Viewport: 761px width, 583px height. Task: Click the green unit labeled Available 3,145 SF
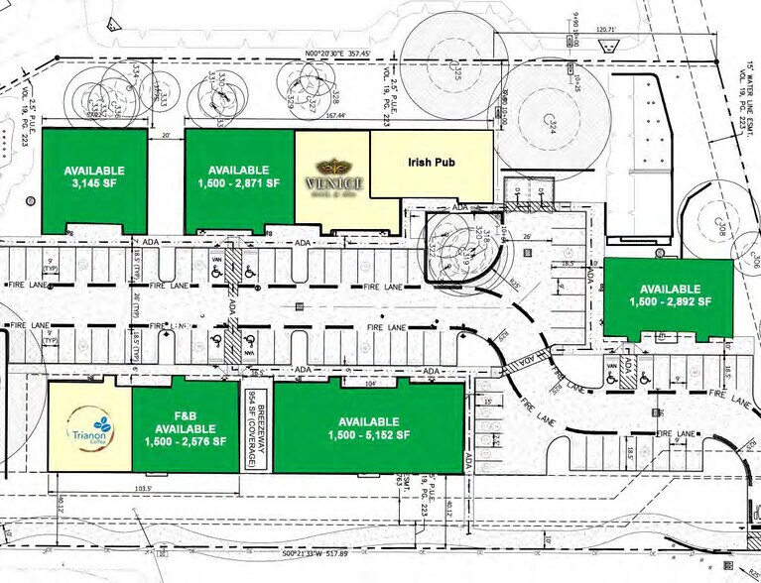(x=93, y=177)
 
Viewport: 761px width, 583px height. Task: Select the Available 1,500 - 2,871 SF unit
(x=239, y=177)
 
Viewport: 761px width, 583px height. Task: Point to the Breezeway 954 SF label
(x=256, y=431)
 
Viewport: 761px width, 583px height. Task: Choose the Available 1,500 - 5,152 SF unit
(x=367, y=429)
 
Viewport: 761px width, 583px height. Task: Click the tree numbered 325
(x=457, y=73)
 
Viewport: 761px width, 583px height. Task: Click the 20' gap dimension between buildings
(x=167, y=135)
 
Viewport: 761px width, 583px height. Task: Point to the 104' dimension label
(x=369, y=383)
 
